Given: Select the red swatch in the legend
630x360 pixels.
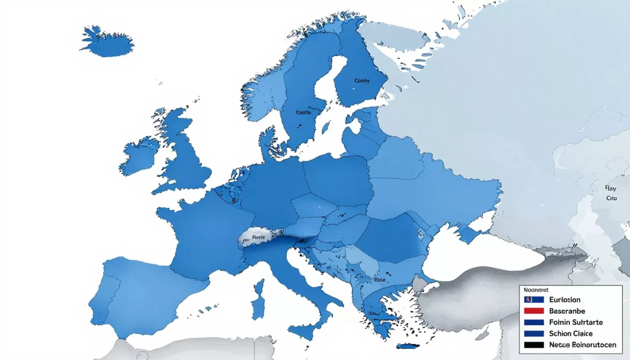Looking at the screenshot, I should [533, 311].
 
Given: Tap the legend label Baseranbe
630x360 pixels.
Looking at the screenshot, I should [567, 311].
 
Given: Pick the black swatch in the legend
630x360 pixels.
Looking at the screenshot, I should [533, 345].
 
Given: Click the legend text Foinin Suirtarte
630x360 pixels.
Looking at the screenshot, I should [575, 322].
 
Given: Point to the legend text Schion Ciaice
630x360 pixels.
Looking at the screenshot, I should [571, 333].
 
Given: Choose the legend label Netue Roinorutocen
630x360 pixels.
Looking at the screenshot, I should [582, 345].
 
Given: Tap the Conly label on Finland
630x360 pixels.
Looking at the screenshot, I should [362, 81].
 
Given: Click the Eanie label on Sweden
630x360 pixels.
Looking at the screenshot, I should [303, 113].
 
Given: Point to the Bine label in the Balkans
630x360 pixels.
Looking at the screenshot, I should [380, 279].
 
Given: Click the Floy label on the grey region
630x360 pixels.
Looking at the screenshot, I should [611, 188].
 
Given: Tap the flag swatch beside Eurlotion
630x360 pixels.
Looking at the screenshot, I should [533, 300].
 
